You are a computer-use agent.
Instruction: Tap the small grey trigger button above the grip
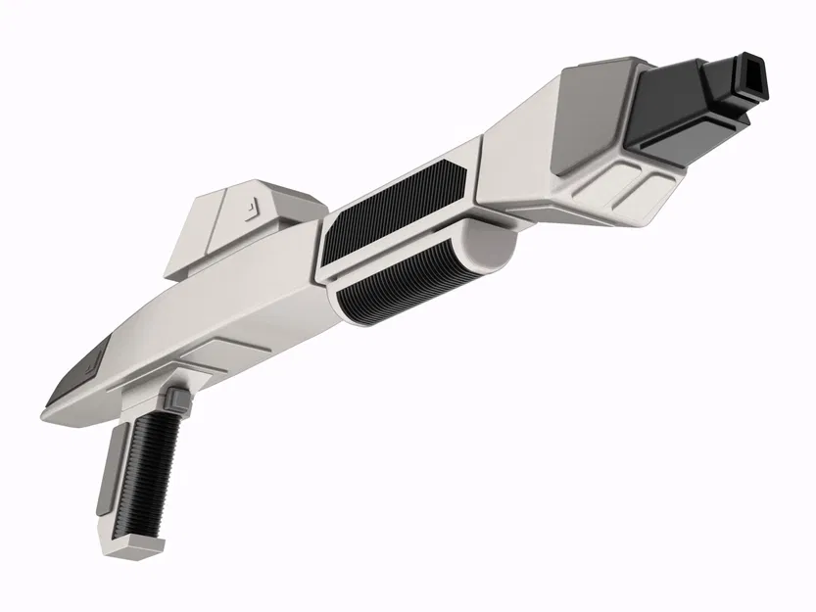coord(176,399)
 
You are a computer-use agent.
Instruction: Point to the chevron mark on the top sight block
coord(252,207)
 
